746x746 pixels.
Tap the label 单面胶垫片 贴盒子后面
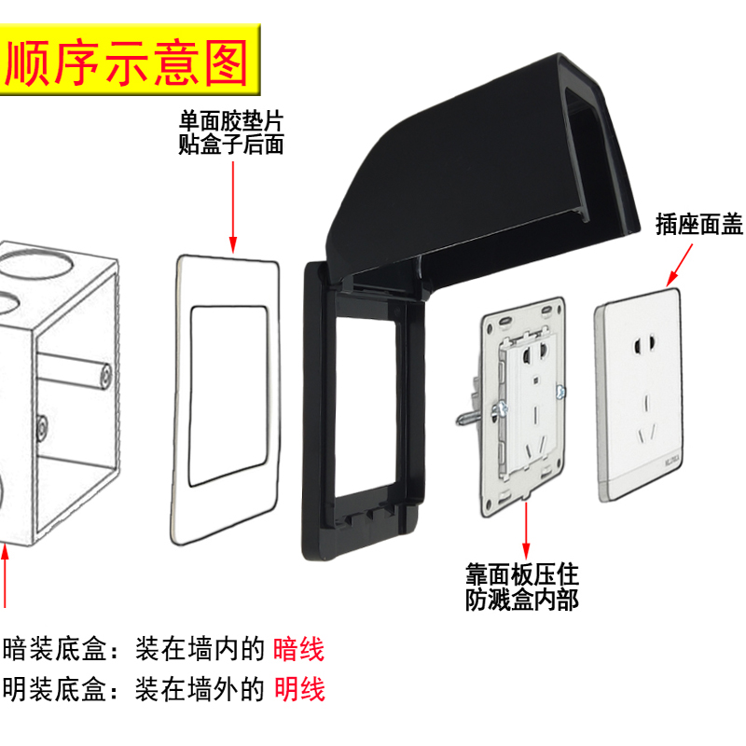(230, 132)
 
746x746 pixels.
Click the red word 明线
(298, 690)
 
